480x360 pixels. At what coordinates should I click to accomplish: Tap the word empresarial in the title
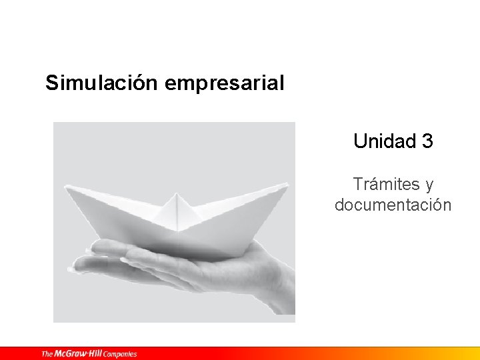pos(224,83)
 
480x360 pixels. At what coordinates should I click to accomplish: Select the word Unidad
pos(384,141)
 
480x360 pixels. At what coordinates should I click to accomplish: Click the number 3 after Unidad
pos(427,141)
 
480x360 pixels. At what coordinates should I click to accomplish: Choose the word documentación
pos(393,205)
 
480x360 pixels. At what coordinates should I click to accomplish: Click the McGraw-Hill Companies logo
pos(89,354)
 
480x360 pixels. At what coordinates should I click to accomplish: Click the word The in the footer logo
pos(47,354)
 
